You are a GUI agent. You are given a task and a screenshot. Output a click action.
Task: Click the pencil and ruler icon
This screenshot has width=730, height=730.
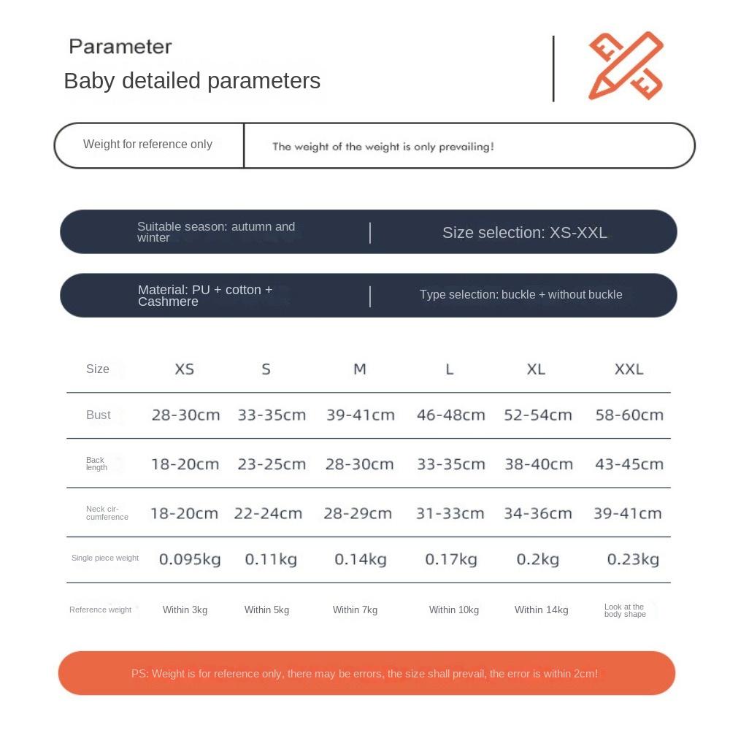click(x=626, y=66)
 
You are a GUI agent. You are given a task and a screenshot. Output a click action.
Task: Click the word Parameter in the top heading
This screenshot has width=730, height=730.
click(x=120, y=47)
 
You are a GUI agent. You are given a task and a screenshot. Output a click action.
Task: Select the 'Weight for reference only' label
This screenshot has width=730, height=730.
click(x=147, y=145)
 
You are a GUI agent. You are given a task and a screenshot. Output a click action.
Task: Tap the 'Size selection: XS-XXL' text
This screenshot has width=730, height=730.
click(x=524, y=233)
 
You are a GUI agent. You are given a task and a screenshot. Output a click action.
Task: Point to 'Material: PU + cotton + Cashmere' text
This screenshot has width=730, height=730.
click(x=205, y=296)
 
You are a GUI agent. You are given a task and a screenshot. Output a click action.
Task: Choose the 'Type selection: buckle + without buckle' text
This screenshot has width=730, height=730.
click(x=520, y=295)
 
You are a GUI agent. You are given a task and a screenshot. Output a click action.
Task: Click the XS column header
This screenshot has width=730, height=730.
click(x=185, y=369)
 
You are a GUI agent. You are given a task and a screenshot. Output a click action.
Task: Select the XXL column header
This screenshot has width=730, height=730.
click(x=629, y=369)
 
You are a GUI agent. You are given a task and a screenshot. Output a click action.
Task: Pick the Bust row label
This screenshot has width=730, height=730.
click(x=99, y=415)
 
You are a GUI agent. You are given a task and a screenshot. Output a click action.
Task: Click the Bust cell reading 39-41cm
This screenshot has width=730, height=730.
click(x=360, y=415)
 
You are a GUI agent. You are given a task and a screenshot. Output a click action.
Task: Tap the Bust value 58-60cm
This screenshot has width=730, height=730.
click(x=629, y=415)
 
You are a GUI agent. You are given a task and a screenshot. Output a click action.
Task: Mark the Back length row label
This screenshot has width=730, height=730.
click(x=96, y=464)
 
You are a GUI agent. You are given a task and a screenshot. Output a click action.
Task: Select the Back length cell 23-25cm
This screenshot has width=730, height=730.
click(x=272, y=464)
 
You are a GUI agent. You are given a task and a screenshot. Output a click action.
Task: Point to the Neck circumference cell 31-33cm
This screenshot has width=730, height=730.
click(x=450, y=514)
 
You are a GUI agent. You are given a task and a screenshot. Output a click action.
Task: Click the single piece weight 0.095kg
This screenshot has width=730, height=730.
click(x=190, y=560)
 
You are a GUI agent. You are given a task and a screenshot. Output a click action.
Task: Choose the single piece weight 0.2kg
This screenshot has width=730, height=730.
click(x=537, y=560)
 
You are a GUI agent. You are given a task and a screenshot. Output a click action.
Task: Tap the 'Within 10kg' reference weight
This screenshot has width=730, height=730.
click(x=453, y=610)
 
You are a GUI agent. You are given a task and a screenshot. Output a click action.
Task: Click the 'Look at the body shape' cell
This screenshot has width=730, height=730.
click(x=625, y=610)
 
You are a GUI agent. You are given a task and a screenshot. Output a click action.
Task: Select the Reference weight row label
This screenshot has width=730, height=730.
click(x=101, y=610)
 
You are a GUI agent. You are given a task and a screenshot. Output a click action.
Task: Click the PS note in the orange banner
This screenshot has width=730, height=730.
click(x=365, y=674)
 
